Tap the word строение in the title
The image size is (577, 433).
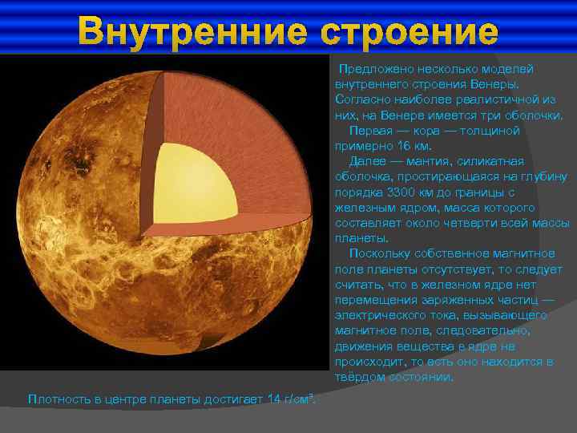(410, 32)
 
